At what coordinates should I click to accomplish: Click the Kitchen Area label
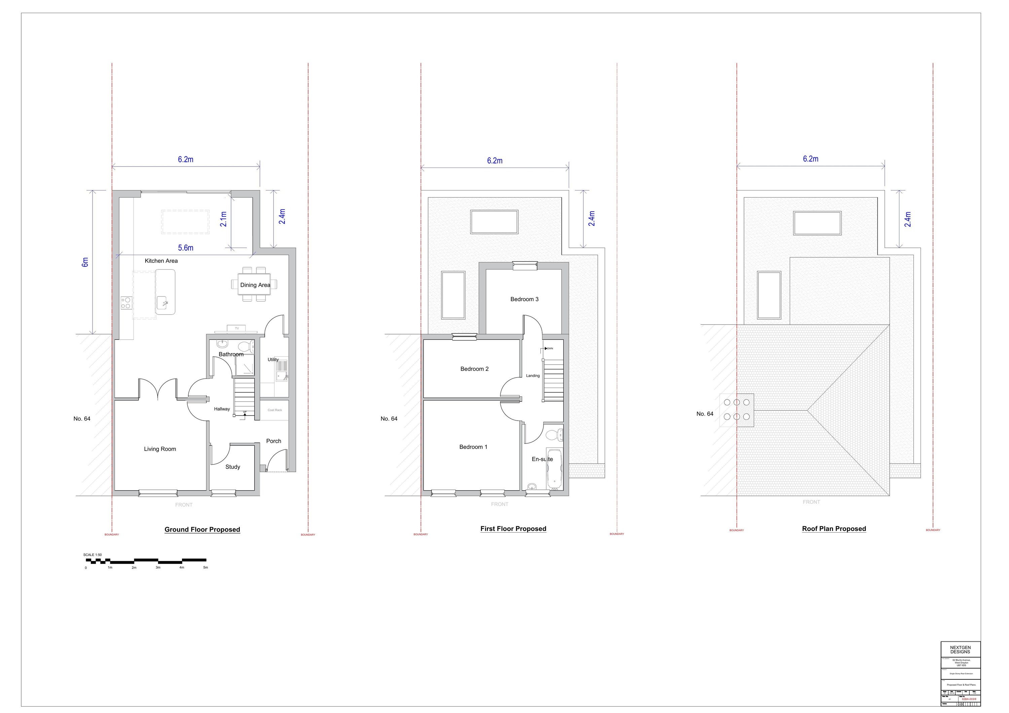[x=161, y=261]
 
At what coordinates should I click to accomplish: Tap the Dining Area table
[x=254, y=284]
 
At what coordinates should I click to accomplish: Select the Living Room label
[x=160, y=449]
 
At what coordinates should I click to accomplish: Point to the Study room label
[x=232, y=467]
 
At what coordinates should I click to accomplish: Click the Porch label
[x=273, y=441]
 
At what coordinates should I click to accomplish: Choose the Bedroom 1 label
[x=473, y=447]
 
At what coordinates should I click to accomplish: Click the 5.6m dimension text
[x=185, y=248]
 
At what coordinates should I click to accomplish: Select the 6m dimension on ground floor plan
[x=85, y=262]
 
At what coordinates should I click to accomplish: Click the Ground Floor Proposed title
[x=202, y=529]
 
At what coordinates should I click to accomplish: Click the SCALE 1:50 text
[x=92, y=555]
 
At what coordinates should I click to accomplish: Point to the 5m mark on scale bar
[x=205, y=568]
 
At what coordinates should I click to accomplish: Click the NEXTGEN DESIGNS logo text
[x=960, y=650]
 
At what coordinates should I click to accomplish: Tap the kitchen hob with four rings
[x=126, y=303]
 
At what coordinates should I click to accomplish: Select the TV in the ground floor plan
[x=237, y=328]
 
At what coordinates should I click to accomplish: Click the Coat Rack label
[x=275, y=410]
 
